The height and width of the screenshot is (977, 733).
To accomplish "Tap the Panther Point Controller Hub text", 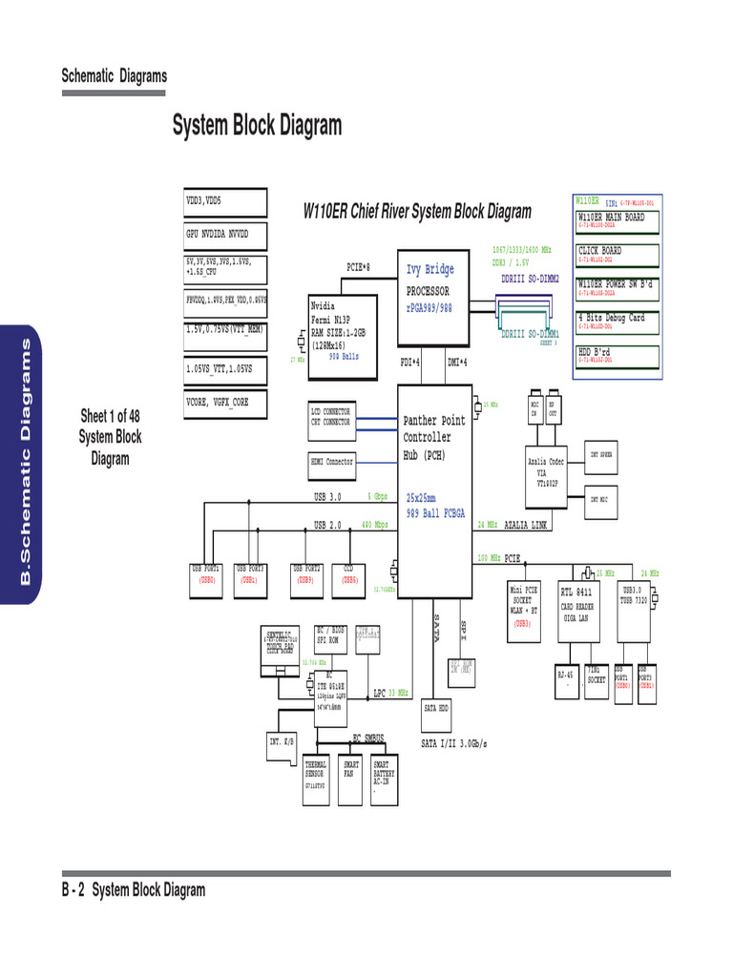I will click(x=435, y=437).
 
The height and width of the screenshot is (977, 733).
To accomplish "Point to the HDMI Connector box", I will click(x=332, y=462).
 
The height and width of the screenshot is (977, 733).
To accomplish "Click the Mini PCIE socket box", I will click(x=526, y=607).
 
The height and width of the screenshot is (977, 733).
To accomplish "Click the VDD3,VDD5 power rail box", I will click(x=225, y=202).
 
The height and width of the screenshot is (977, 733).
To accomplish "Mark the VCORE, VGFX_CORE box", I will click(x=225, y=404).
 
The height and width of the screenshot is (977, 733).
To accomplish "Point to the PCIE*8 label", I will click(x=358, y=266).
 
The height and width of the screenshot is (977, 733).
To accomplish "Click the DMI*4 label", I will click(x=458, y=363).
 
